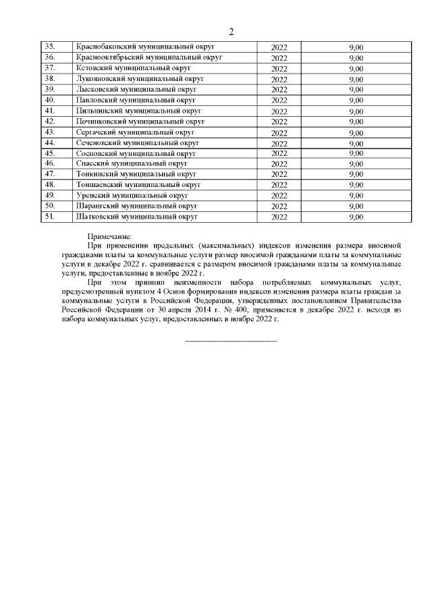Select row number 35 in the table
click(x=49, y=47)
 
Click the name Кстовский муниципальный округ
click(x=134, y=68)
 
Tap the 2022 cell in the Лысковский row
click(x=279, y=90)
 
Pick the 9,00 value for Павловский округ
click(x=356, y=101)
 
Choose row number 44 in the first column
click(x=49, y=142)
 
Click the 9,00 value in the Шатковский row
click(x=356, y=217)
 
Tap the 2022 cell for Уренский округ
click(x=279, y=196)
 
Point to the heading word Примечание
click(x=109, y=236)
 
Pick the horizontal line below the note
click(x=231, y=339)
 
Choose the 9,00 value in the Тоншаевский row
click(x=356, y=185)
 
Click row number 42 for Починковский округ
click(x=49, y=122)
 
